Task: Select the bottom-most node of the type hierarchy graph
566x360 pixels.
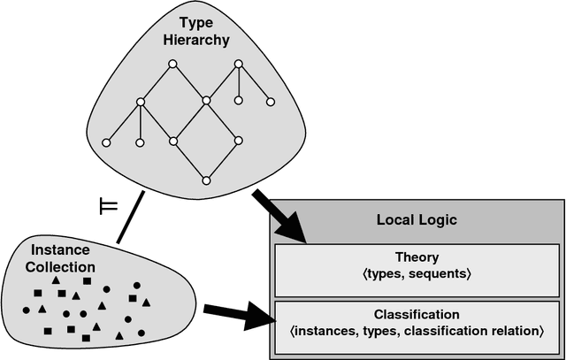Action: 205,180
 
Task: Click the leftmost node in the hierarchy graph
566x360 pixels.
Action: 106,142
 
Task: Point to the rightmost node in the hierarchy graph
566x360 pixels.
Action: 266,100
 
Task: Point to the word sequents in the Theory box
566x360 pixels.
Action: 441,275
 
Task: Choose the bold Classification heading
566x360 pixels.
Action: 416,314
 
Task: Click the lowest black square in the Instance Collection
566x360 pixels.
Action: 86,337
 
